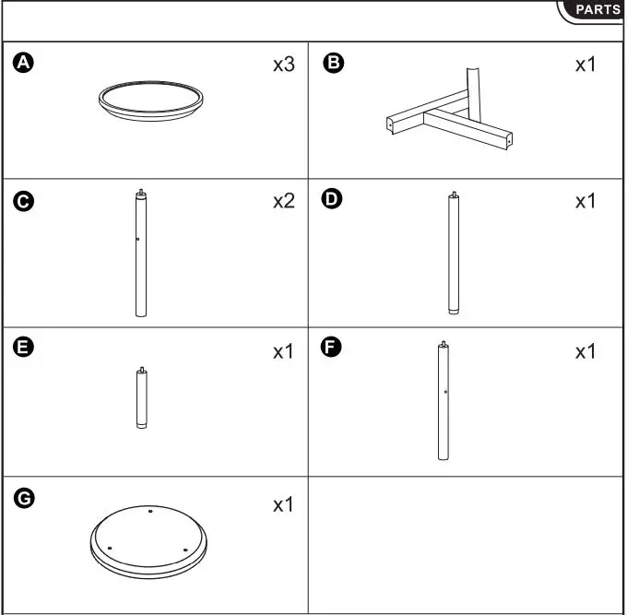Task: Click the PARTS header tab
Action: click(597, 10)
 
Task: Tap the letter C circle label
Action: click(24, 200)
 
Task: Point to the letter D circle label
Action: click(333, 200)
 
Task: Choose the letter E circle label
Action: click(24, 348)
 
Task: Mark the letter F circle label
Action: click(333, 348)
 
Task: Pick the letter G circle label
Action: click(24, 499)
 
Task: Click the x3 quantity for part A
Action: click(282, 65)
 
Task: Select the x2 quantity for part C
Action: click(282, 202)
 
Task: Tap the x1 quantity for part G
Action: click(282, 505)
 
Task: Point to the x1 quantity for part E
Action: click(282, 352)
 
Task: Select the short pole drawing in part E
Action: click(141, 398)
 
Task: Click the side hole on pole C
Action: click(137, 240)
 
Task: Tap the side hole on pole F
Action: click(445, 392)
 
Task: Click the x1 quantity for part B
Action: click(586, 65)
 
